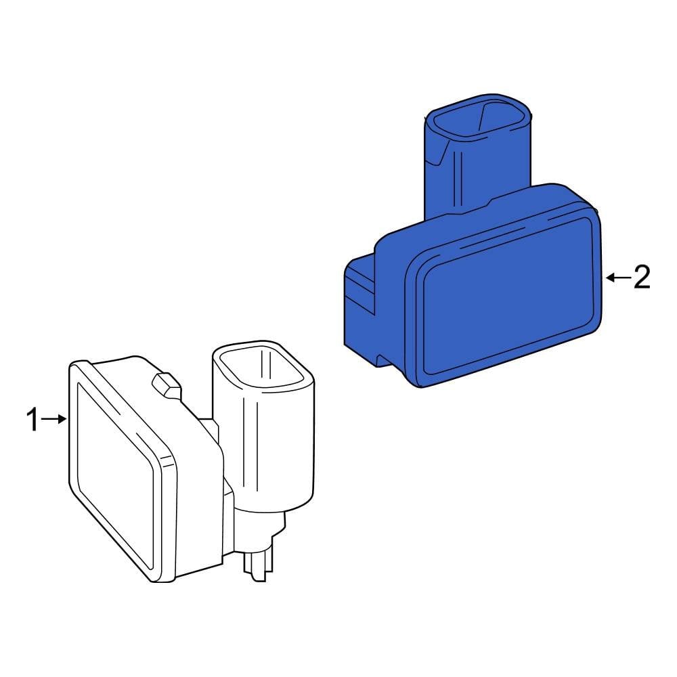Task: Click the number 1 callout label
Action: pos(32,420)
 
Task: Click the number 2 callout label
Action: pos(641,278)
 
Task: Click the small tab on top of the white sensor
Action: pos(166,385)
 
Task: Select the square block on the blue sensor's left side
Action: pos(360,305)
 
